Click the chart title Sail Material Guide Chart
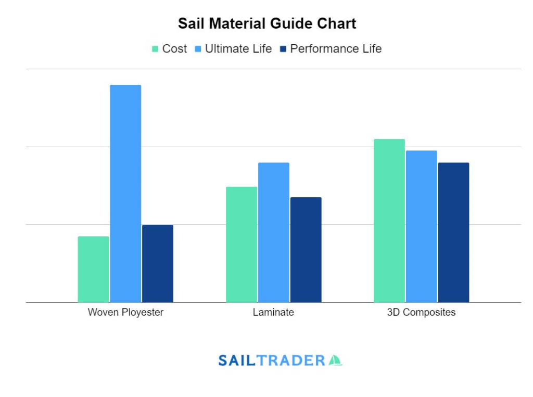tap(266, 23)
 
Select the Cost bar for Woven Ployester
tap(94, 269)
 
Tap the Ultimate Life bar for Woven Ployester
tap(125, 193)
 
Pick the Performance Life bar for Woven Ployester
tap(158, 263)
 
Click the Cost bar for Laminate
tap(242, 244)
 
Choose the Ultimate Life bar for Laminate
tap(274, 232)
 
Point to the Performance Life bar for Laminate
tap(306, 250)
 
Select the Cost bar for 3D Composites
tap(389, 221)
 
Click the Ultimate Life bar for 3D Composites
tap(422, 226)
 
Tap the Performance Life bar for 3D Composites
tap(453, 232)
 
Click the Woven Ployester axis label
tap(125, 313)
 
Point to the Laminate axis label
tap(273, 313)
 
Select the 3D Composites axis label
tap(421, 313)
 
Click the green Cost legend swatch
tap(155, 49)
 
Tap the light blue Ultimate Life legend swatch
tap(198, 49)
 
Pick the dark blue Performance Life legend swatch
tap(283, 49)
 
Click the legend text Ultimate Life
tap(238, 49)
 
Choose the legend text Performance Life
tap(336, 49)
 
